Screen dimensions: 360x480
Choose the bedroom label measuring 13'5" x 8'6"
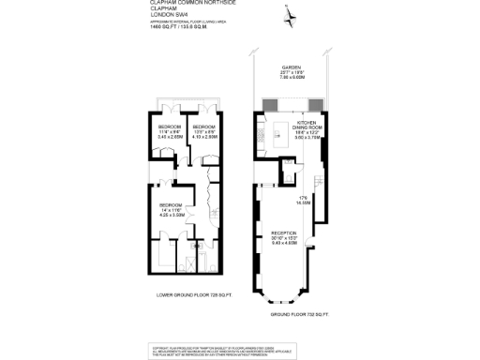point(204,127)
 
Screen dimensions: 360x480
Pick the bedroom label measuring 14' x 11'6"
point(171,204)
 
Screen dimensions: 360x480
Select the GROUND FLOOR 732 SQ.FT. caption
point(302,314)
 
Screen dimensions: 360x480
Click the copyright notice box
point(239,350)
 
